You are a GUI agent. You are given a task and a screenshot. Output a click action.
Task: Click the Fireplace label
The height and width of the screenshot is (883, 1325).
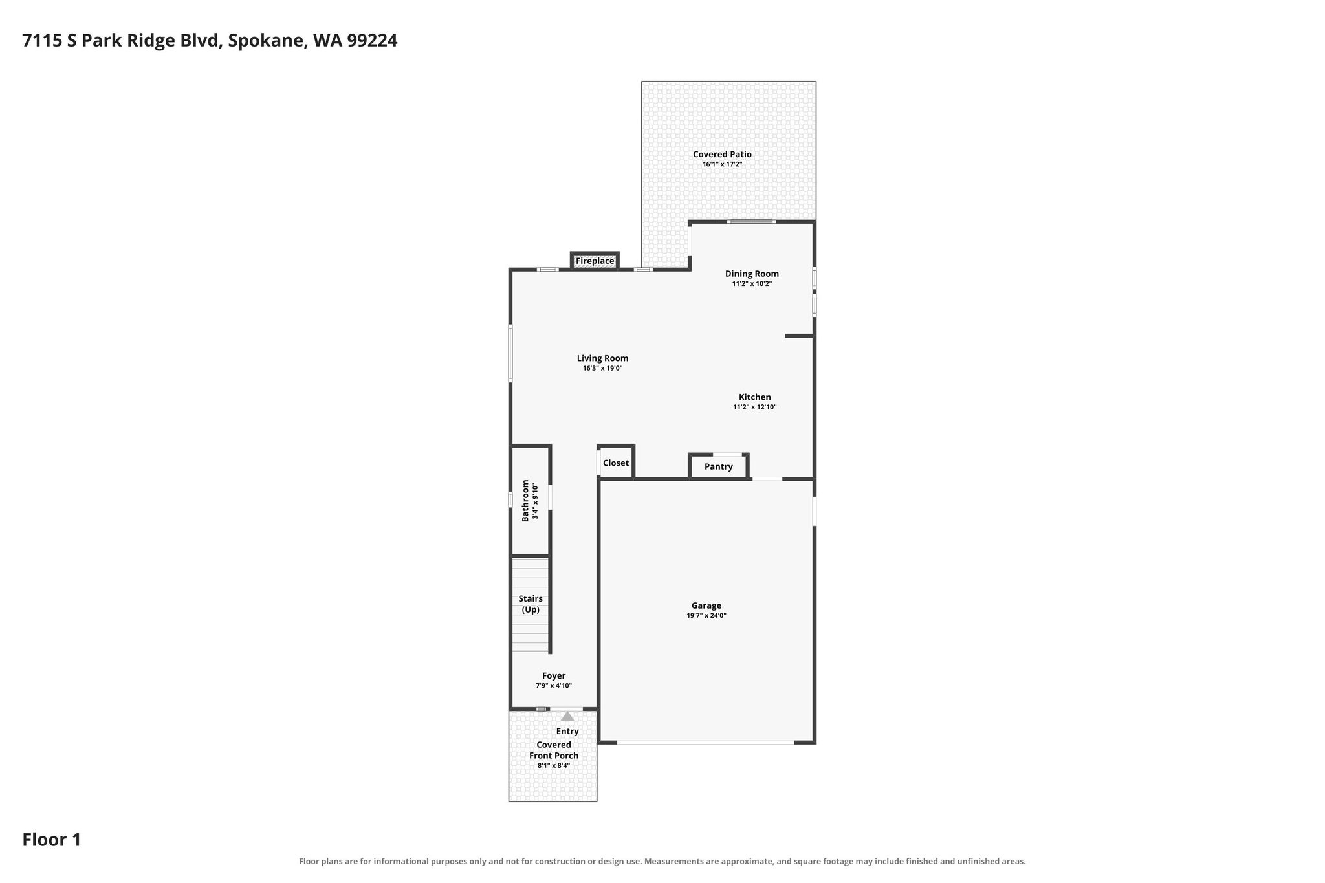[x=595, y=261]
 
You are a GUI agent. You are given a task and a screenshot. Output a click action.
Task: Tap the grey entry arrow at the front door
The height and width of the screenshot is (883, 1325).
[x=567, y=716]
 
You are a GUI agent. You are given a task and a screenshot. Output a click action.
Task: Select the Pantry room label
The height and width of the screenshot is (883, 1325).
[x=718, y=467]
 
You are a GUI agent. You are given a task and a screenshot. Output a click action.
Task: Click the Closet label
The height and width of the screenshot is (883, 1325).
[x=615, y=463]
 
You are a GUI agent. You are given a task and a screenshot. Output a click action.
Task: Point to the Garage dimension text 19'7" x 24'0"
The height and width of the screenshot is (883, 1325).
[x=706, y=616]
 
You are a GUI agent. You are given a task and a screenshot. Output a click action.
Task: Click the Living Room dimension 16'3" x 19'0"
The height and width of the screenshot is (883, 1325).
[x=602, y=369]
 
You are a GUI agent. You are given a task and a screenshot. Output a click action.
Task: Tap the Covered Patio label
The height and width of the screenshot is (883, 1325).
[x=722, y=155]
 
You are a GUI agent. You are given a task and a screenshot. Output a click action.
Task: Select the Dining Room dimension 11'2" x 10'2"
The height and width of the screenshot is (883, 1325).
[x=752, y=284]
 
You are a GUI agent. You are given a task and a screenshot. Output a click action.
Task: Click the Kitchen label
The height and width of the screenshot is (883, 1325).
[x=755, y=397]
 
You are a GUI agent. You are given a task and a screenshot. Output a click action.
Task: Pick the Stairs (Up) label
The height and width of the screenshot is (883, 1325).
[x=531, y=604]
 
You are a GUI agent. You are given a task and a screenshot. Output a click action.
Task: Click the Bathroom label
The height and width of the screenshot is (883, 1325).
[x=525, y=501]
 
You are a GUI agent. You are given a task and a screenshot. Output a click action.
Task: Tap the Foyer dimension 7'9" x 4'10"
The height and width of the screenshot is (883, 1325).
[x=554, y=686]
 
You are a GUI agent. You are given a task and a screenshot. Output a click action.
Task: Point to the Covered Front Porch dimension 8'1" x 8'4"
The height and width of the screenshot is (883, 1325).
[x=554, y=766]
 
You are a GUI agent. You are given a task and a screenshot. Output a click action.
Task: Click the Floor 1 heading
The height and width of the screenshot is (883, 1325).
[x=52, y=840]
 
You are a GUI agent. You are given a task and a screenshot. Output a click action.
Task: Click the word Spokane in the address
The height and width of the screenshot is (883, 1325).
[x=266, y=41]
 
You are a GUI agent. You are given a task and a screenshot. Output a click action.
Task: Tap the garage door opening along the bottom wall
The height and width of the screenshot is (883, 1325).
[x=705, y=743]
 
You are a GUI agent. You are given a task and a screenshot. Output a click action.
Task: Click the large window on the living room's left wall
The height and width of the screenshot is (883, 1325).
[x=510, y=353]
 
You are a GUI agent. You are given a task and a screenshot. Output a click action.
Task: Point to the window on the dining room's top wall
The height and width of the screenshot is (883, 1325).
[x=751, y=222]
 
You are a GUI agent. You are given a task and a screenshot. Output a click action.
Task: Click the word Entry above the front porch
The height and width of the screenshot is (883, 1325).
[x=567, y=732]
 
